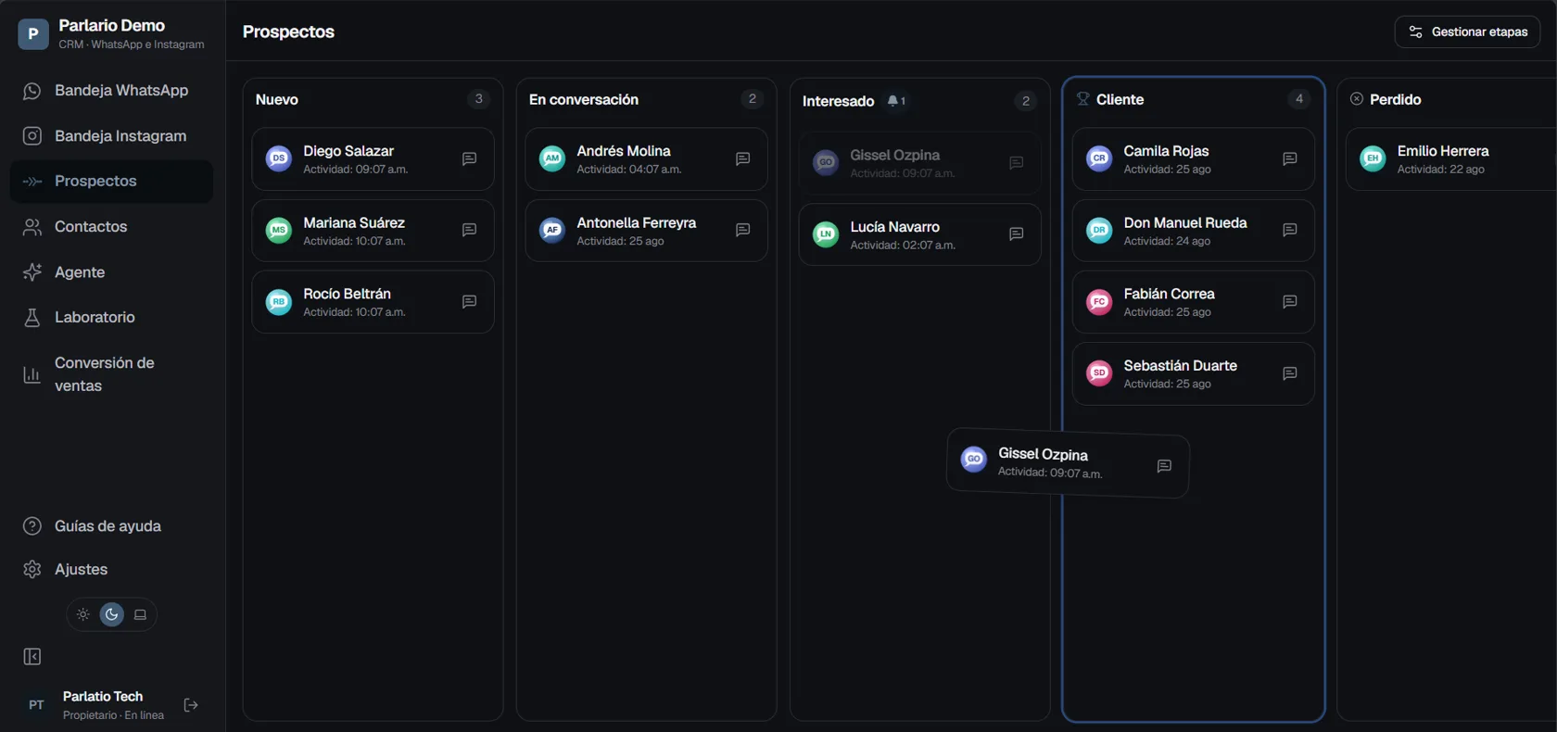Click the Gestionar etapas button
pyautogui.click(x=1466, y=32)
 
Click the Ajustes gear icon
pyautogui.click(x=32, y=569)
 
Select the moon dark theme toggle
pyautogui.click(x=111, y=614)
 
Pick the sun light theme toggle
pyautogui.click(x=82, y=614)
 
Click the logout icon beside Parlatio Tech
pyautogui.click(x=191, y=705)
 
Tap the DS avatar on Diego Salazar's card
pyautogui.click(x=279, y=158)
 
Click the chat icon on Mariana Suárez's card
pyautogui.click(x=469, y=230)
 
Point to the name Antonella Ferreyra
pyautogui.click(x=636, y=222)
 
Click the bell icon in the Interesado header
pyautogui.click(x=892, y=101)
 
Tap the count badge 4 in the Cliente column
pyautogui.click(x=1299, y=99)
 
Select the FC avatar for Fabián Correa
pyautogui.click(x=1099, y=302)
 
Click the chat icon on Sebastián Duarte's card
pyautogui.click(x=1289, y=374)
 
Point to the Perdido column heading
pyautogui.click(x=1395, y=99)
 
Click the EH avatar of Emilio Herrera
pyautogui.click(x=1373, y=158)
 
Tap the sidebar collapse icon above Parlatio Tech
pyautogui.click(x=32, y=657)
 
